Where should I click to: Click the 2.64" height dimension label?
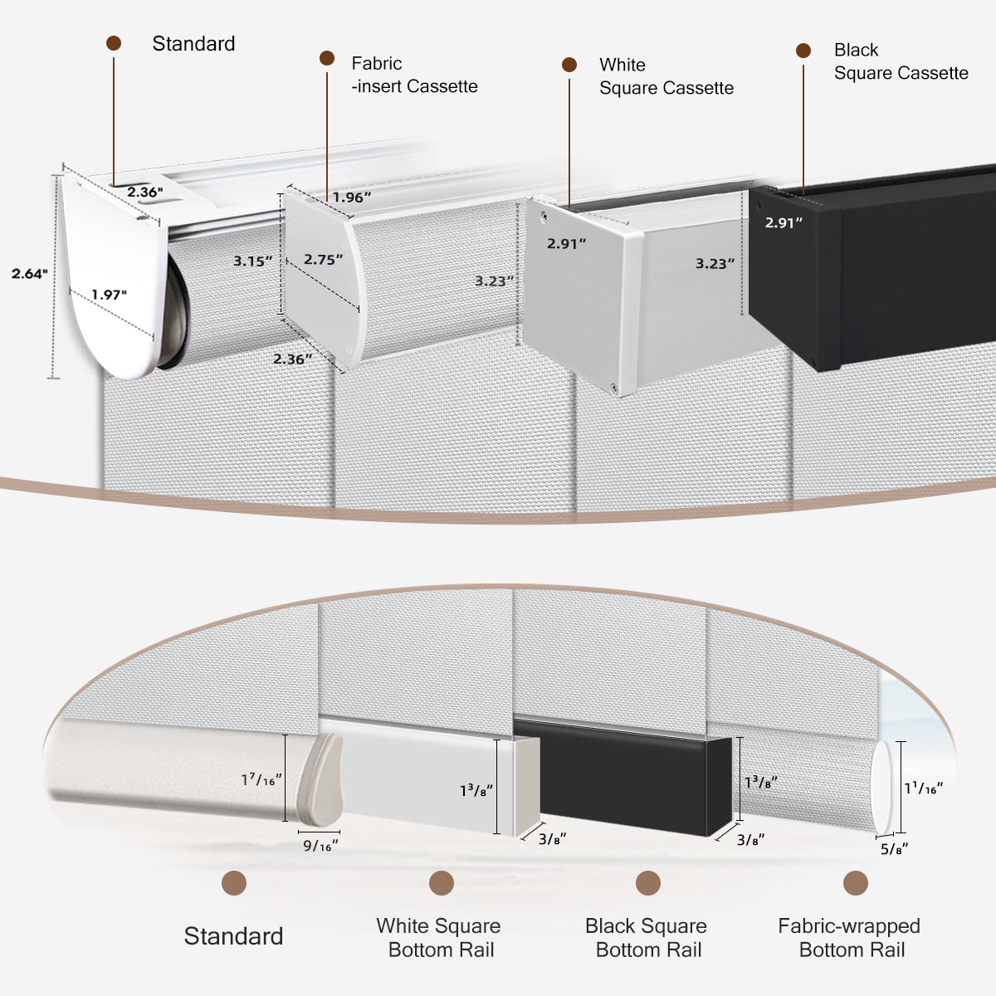pos(30,273)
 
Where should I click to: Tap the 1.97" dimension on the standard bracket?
pos(110,295)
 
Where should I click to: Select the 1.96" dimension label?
pos(352,198)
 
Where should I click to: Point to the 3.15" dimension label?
pos(252,261)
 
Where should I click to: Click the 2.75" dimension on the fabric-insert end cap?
pos(323,260)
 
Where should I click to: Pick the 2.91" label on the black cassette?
pos(784,222)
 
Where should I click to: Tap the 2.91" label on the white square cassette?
pos(566,243)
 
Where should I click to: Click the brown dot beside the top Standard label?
pos(114,43)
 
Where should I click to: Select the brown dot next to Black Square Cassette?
pos(803,51)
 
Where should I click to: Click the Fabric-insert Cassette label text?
pos(413,75)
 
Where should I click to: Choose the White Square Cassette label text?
pos(666,76)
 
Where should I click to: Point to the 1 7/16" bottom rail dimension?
pos(261,780)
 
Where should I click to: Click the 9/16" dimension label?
pos(320,846)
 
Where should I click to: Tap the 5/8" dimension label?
pos(894,848)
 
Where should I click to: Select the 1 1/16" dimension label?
pos(923,788)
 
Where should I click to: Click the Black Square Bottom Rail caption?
pos(646,938)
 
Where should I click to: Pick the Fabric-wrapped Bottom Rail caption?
pos(849,938)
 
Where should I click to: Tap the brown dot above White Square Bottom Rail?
pos(442,883)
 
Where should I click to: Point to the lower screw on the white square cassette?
pos(613,387)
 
